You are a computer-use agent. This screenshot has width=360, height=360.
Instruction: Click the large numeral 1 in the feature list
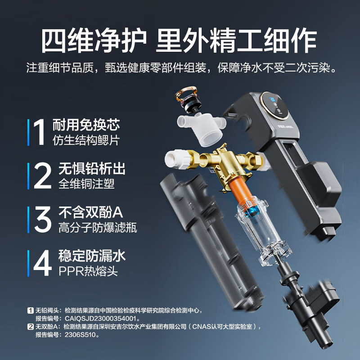click(x=39, y=132)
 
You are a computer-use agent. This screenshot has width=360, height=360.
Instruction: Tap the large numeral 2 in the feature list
click(x=42, y=175)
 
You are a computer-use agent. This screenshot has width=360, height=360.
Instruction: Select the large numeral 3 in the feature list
click(x=43, y=219)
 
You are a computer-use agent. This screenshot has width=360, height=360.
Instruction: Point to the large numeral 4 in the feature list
click(x=42, y=263)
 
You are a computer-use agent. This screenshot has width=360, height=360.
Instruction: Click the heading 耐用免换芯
click(x=86, y=125)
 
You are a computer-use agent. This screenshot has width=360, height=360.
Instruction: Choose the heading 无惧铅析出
click(x=92, y=168)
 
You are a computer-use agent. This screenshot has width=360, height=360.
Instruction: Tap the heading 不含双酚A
click(x=91, y=211)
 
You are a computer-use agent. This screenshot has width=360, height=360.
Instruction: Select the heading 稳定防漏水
click(x=92, y=255)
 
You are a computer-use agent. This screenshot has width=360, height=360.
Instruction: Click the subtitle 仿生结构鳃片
click(x=86, y=140)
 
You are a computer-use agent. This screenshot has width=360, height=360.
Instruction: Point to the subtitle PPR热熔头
click(x=88, y=271)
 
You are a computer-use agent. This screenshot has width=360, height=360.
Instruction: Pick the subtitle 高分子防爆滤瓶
click(x=98, y=227)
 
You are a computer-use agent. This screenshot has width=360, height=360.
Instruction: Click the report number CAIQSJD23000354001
click(x=101, y=319)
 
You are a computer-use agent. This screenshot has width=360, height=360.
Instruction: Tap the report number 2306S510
click(x=80, y=335)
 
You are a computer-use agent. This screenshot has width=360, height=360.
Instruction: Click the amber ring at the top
click(x=186, y=94)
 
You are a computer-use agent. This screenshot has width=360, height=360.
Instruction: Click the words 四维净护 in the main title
click(x=94, y=40)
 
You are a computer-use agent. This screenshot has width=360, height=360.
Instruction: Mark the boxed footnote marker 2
click(x=30, y=327)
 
